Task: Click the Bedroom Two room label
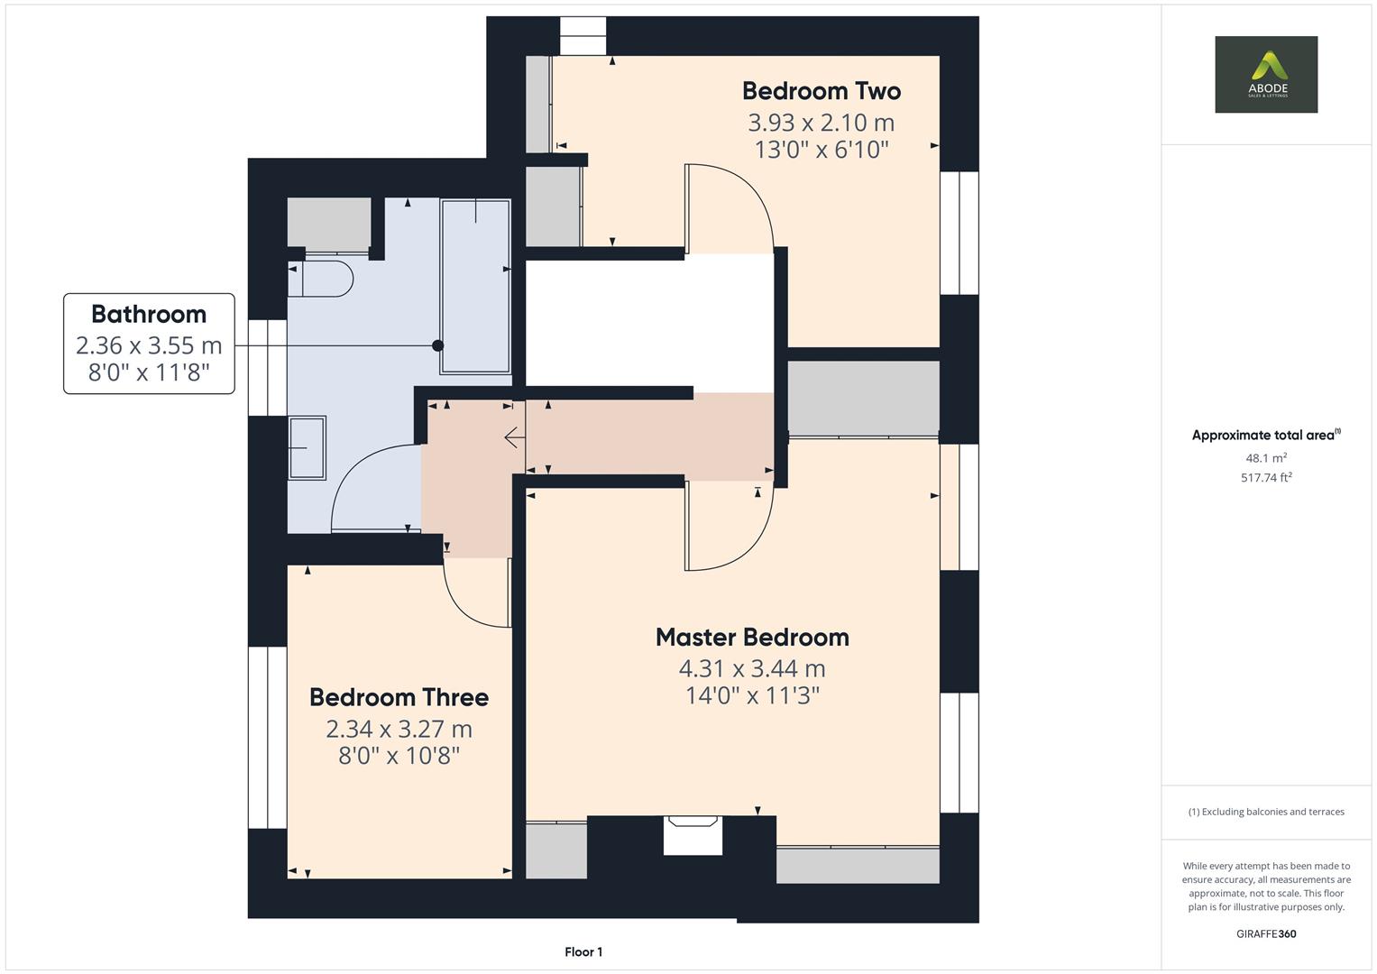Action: click(821, 91)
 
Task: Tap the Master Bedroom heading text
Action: click(752, 638)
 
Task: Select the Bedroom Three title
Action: click(399, 697)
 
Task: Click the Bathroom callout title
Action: click(149, 314)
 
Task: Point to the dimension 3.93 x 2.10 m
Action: click(821, 122)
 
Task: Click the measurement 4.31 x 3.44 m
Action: click(752, 668)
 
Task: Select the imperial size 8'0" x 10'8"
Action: click(399, 756)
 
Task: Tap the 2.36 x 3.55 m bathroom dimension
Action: click(149, 345)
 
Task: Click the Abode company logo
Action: click(1265, 74)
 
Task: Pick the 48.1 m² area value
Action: click(1265, 458)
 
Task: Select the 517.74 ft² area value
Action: click(1265, 478)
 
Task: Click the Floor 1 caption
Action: click(583, 951)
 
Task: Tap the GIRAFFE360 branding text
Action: click(1265, 933)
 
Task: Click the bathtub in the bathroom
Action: click(475, 286)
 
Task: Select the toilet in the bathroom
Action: click(320, 279)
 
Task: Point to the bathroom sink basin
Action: click(307, 447)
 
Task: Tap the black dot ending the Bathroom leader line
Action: click(438, 345)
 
